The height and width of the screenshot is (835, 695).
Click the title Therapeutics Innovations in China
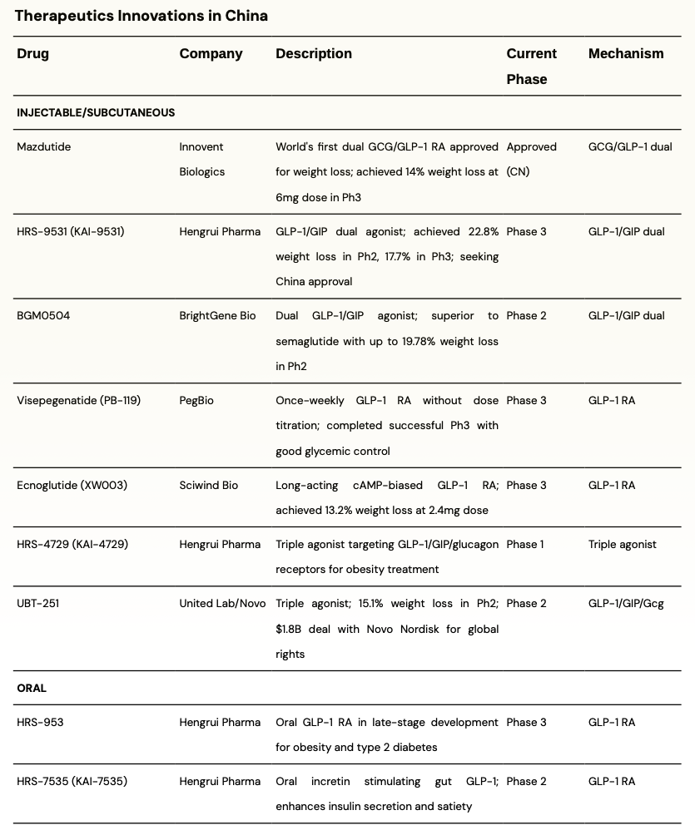click(141, 16)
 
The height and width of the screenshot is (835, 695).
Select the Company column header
click(211, 54)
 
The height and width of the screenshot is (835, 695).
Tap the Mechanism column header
click(626, 54)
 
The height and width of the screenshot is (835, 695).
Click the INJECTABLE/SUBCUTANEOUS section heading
click(96, 112)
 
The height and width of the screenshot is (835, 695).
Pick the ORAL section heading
click(32, 689)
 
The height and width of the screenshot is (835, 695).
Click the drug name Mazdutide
click(44, 147)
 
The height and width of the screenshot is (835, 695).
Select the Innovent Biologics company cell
click(202, 159)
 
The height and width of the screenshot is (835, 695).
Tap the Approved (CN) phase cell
click(531, 159)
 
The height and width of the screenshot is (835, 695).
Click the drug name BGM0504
click(43, 316)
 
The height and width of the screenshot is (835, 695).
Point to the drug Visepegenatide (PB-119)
click(79, 401)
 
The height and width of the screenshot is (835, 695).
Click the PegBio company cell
click(196, 401)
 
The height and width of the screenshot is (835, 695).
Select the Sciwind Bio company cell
click(209, 486)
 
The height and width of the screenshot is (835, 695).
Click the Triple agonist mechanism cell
click(623, 545)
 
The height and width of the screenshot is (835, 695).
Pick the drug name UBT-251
click(38, 604)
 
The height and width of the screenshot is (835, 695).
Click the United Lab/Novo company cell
click(223, 604)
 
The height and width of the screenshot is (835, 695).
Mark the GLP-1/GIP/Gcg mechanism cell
click(626, 604)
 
